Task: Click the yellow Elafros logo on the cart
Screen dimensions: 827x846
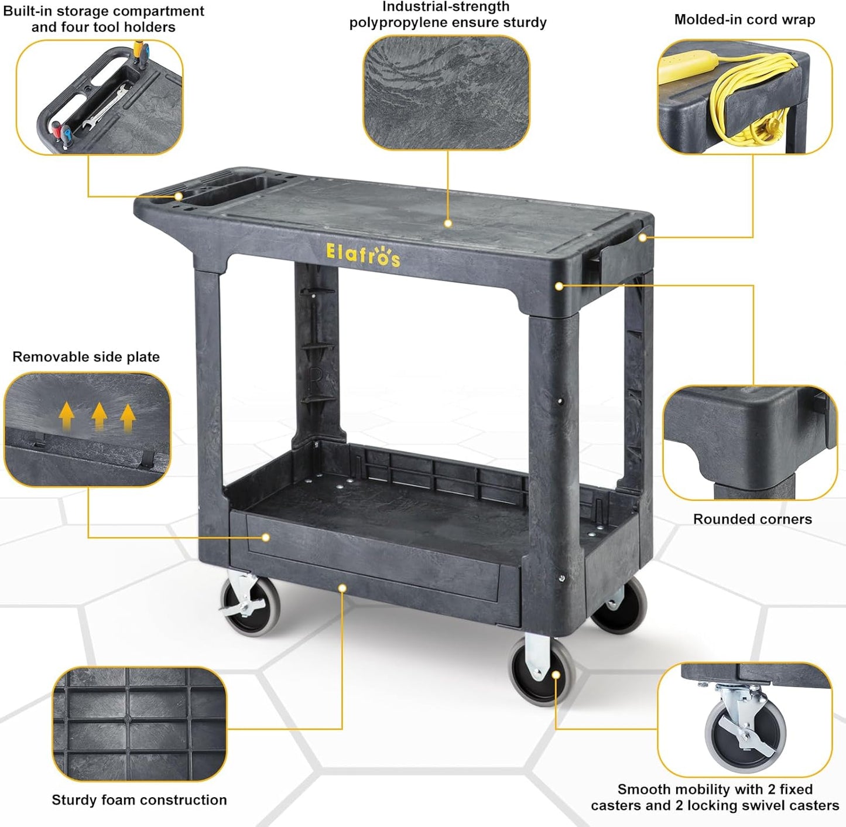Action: pos(363,255)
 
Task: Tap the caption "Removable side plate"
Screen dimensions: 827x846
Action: pos(86,357)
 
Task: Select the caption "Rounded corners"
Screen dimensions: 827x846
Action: pos(752,519)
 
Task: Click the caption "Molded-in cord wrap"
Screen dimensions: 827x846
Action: pos(744,19)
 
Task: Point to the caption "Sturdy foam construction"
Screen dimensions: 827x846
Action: pos(139,800)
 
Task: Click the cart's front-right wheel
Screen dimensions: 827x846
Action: pos(540,671)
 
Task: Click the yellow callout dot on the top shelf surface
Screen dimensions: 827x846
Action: pos(448,223)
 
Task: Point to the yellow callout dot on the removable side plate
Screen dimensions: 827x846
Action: pos(266,537)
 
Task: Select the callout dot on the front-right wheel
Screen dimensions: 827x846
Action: pos(556,675)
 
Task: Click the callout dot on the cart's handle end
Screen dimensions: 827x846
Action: pos(179,196)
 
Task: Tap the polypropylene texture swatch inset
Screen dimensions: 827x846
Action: pos(447,91)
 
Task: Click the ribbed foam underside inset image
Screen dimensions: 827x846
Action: pos(139,724)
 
